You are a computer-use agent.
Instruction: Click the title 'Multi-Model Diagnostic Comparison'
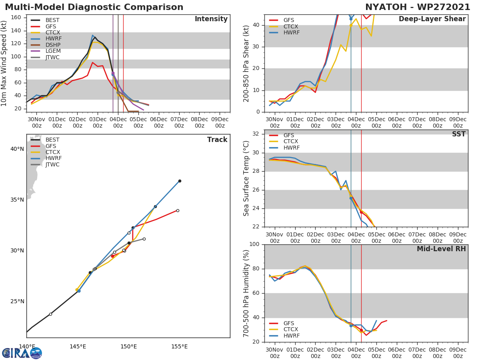94,7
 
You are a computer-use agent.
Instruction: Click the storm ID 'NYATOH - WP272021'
418,7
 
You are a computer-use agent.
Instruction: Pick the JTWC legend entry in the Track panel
52,164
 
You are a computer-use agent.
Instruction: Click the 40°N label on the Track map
17,149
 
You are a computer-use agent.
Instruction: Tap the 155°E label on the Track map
180,346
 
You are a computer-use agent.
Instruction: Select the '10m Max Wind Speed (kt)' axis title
4,64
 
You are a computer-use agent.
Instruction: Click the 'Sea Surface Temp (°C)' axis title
247,178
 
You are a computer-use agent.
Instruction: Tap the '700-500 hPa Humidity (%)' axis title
247,293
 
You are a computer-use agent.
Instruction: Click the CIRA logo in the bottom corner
22,353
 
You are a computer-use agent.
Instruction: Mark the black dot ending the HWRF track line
180,181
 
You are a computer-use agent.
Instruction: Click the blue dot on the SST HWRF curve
351,198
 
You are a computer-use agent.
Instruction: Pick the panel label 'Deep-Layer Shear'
432,19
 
